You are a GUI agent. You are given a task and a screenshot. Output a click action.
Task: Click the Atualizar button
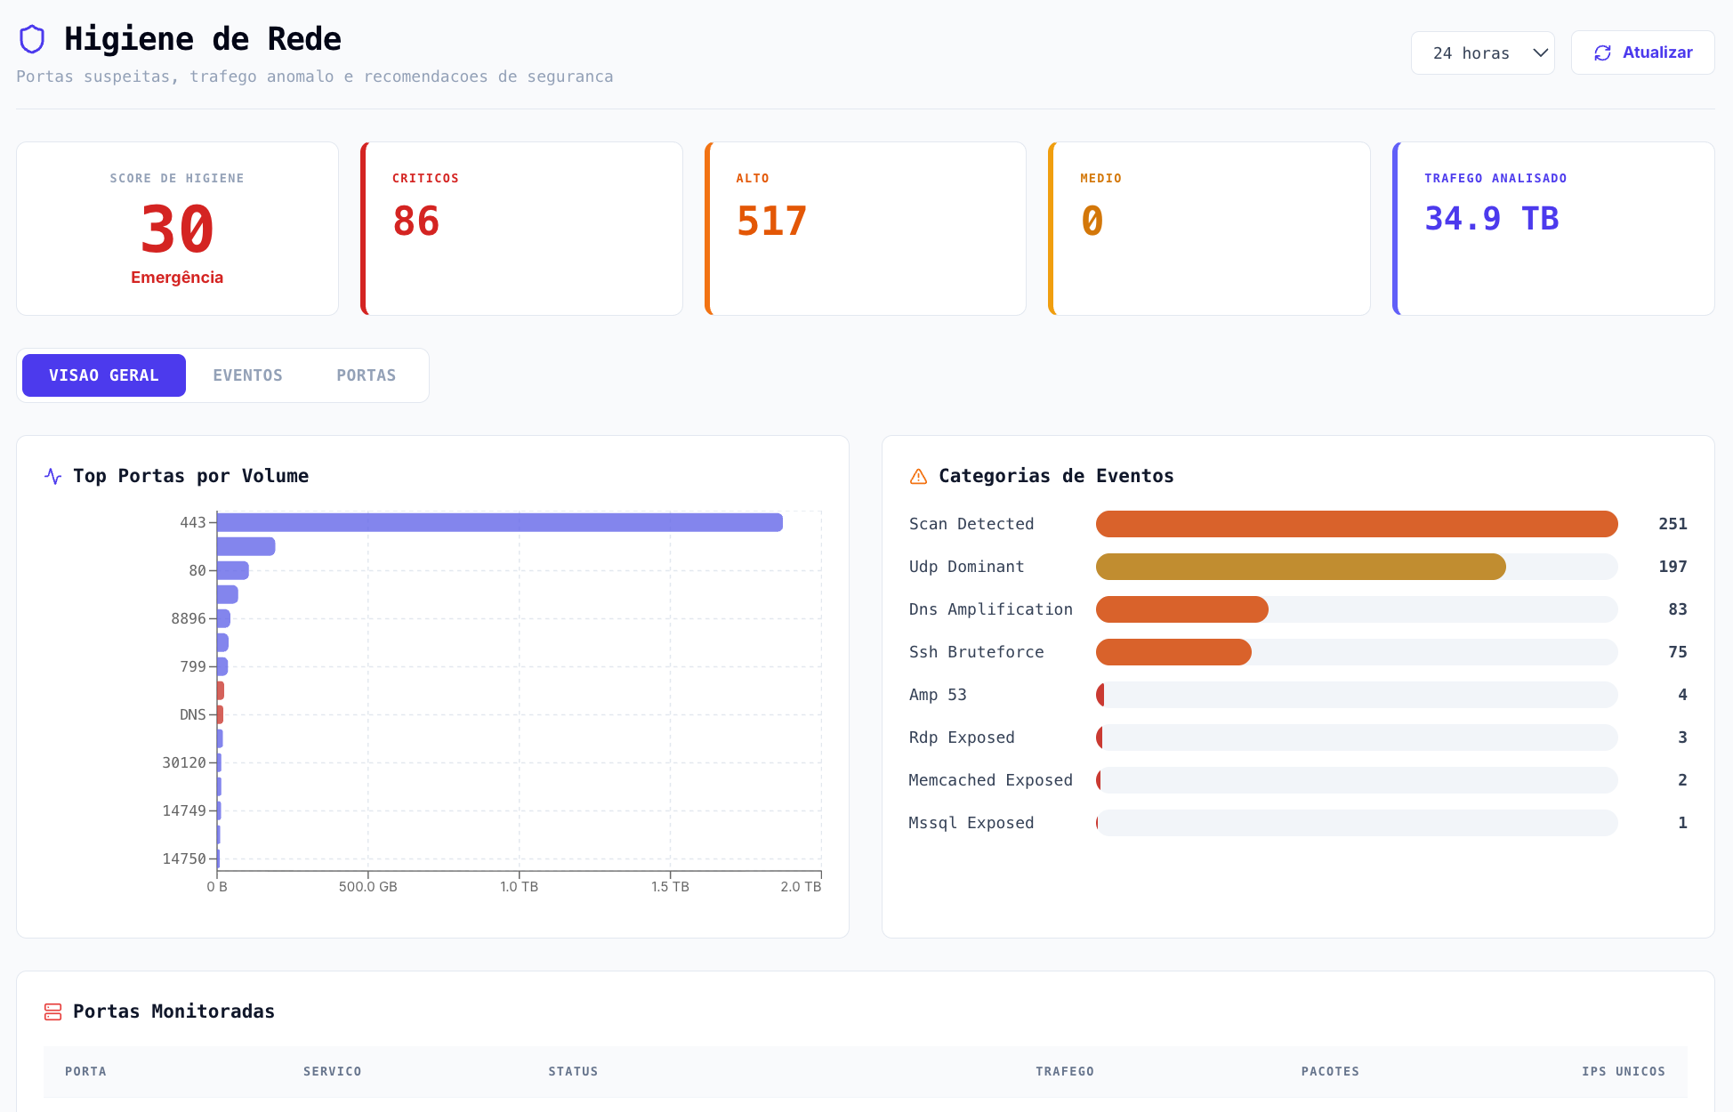(x=1642, y=52)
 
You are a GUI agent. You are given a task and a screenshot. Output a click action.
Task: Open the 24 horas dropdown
(x=1482, y=53)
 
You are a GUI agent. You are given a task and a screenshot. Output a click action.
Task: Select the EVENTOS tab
(x=247, y=375)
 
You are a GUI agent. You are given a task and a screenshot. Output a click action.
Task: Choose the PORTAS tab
(x=366, y=375)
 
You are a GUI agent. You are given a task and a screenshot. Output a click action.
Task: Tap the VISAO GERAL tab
(x=104, y=375)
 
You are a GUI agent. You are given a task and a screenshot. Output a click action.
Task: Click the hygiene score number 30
(x=177, y=230)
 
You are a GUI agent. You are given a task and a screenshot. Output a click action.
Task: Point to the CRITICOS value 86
(x=416, y=222)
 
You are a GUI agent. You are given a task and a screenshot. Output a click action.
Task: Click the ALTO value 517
(x=771, y=222)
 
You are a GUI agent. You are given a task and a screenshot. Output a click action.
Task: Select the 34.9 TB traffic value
(x=1491, y=219)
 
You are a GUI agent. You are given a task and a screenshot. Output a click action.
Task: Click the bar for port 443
(x=499, y=522)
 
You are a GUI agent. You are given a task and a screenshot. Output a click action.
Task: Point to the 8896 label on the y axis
(x=188, y=618)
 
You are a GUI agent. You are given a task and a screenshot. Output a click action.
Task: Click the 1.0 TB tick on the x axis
(x=519, y=886)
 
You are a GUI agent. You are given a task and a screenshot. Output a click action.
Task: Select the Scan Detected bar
(x=1356, y=524)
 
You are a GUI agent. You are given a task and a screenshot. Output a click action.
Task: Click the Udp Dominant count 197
(x=1672, y=567)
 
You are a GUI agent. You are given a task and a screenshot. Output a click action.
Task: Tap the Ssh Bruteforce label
(x=976, y=652)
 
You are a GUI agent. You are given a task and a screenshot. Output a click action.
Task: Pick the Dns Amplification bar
(x=1181, y=609)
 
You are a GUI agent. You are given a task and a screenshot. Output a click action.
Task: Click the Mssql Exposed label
(x=971, y=823)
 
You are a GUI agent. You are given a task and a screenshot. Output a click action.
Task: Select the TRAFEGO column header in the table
(x=1064, y=1071)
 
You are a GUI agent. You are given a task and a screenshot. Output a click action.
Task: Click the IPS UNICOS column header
(x=1623, y=1071)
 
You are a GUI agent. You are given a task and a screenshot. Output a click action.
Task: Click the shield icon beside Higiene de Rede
(x=32, y=39)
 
